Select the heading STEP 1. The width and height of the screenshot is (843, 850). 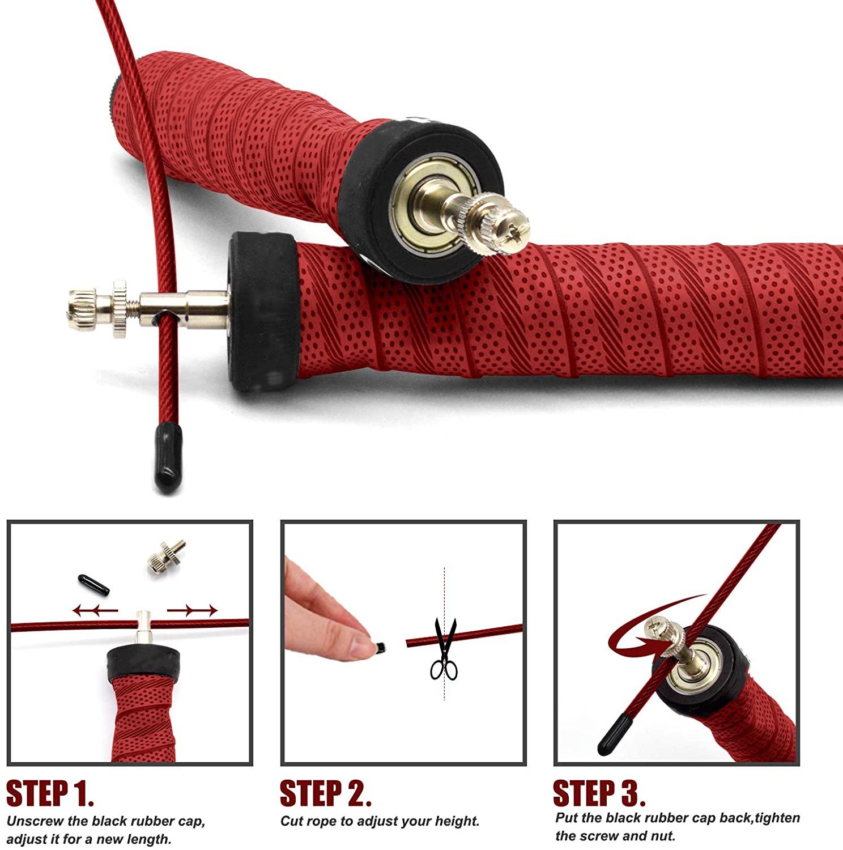tap(50, 793)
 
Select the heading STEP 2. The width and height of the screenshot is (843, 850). tap(326, 793)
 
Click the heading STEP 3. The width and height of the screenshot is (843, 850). tap(599, 793)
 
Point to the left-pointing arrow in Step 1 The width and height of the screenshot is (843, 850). tap(95, 610)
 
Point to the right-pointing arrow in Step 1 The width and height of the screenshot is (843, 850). tap(193, 610)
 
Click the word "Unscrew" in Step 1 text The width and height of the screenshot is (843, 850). tap(31, 821)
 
